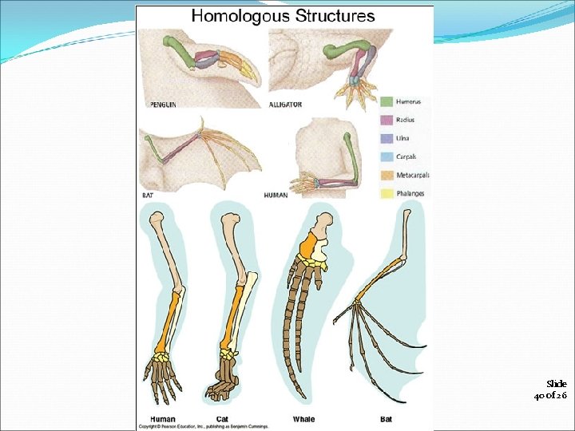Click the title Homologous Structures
[283, 16]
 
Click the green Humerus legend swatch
[386, 101]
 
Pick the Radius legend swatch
[386, 120]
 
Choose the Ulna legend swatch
[386, 138]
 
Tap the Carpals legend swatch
[386, 156]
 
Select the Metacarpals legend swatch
[386, 175]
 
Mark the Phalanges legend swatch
[386, 193]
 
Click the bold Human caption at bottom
[163, 417]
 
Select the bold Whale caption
[304, 417]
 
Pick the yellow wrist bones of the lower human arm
[165, 355]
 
